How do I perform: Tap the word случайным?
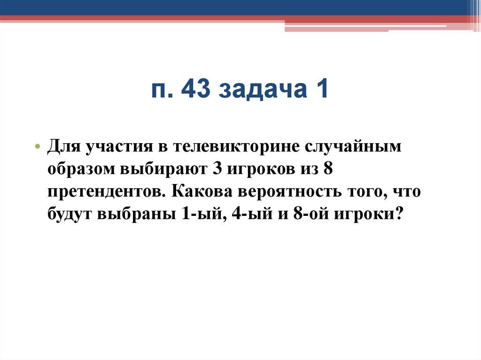coord(354,146)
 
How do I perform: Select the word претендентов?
coord(105,192)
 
